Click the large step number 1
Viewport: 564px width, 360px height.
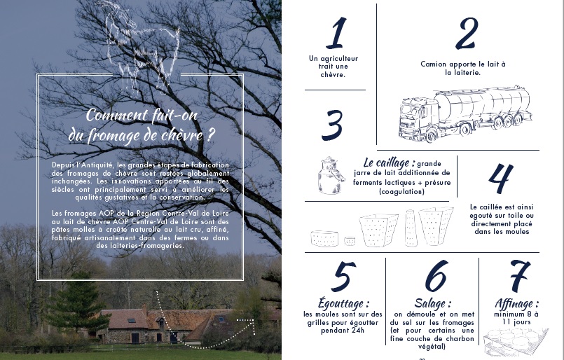[337, 33]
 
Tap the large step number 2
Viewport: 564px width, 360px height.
[467, 34]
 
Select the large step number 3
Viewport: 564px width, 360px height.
[332, 125]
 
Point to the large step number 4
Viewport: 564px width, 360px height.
[500, 178]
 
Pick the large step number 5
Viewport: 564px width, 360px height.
[343, 276]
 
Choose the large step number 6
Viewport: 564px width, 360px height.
[436, 275]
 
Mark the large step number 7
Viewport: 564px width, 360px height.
[519, 275]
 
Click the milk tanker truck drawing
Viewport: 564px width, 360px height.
[465, 113]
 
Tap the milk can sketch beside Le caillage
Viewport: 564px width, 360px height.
[329, 176]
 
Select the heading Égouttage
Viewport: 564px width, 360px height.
[343, 303]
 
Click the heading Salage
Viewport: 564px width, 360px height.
[433, 303]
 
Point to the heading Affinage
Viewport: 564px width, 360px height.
[517, 303]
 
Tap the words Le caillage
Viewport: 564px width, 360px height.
[389, 162]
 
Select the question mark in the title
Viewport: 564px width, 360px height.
[211, 135]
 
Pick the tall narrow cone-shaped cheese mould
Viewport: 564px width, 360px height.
[411, 228]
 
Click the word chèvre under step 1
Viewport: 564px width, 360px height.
[333, 75]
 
